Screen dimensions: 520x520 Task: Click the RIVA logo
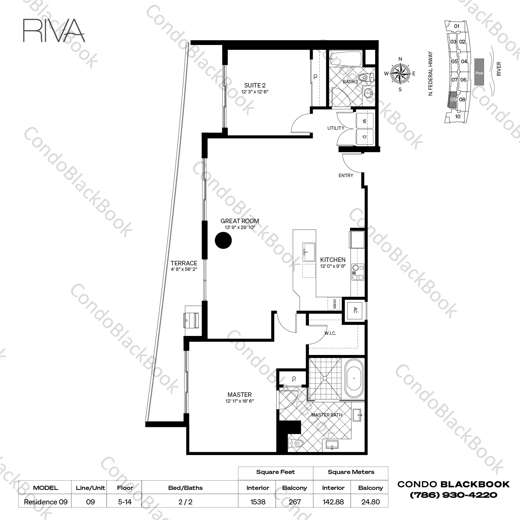54,30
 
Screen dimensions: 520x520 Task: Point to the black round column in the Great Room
223,240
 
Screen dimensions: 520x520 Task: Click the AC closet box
355,310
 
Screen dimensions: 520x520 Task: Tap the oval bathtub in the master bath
354,378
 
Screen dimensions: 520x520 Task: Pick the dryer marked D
365,137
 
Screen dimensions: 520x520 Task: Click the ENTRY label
346,175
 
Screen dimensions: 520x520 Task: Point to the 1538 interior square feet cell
258,501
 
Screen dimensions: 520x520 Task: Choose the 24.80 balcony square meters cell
370,501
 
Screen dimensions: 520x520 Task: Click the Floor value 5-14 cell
125,501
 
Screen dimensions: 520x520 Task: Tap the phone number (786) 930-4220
454,495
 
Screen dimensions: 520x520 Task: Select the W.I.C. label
330,333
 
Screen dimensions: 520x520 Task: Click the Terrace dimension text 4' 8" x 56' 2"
184,269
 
